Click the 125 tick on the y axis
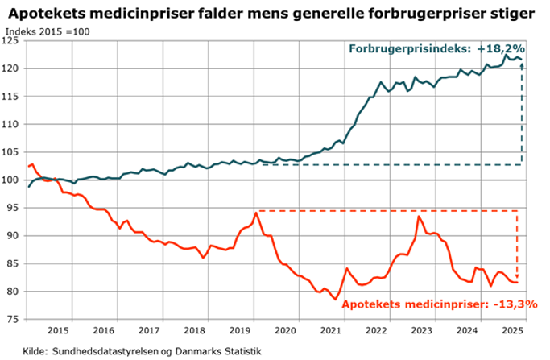[x=13, y=41]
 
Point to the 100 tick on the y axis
[x=13, y=180]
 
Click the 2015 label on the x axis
[x=58, y=331]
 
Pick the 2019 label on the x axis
[x=240, y=331]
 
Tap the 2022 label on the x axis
[x=376, y=331]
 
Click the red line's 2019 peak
[x=256, y=213]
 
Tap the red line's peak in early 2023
[x=419, y=217]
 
